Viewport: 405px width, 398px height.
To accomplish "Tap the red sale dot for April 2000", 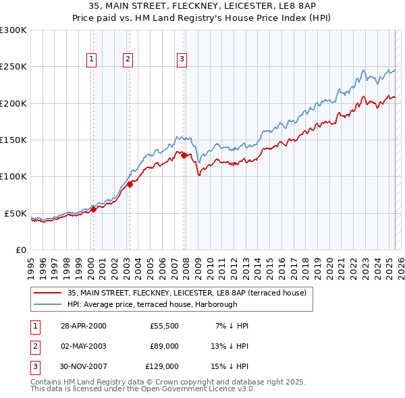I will pos(94,209).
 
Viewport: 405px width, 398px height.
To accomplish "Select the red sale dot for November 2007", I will pos(184,155).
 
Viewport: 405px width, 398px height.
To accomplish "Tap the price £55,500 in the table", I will pos(164,326).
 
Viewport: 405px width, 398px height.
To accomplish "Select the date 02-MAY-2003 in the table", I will pos(84,346).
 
